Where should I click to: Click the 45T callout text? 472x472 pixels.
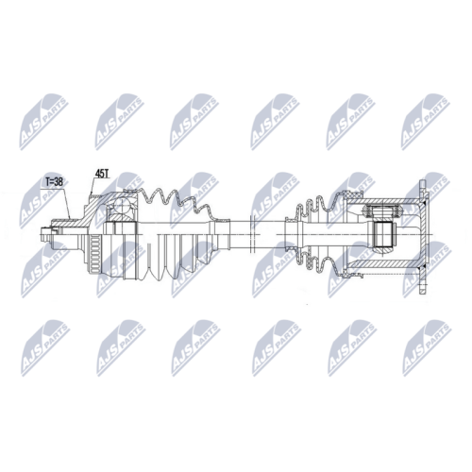point(101,174)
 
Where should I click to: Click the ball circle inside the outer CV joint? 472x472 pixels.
point(122,207)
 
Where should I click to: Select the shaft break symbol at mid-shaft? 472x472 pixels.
point(251,233)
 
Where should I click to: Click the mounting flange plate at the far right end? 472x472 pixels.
point(424,237)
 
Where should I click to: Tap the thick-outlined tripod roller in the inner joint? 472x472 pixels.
point(382,233)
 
